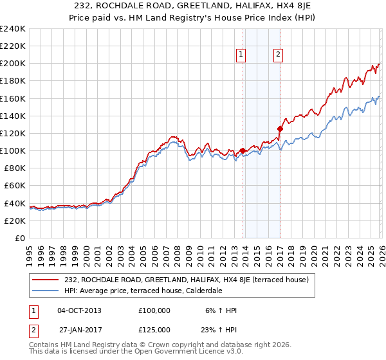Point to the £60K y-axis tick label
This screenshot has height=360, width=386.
(x=14, y=185)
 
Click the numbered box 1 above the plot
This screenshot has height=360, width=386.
(x=241, y=55)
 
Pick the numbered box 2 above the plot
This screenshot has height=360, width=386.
(x=278, y=55)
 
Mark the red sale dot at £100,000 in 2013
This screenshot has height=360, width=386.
(x=243, y=151)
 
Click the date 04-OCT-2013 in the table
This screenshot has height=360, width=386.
(x=79, y=310)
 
